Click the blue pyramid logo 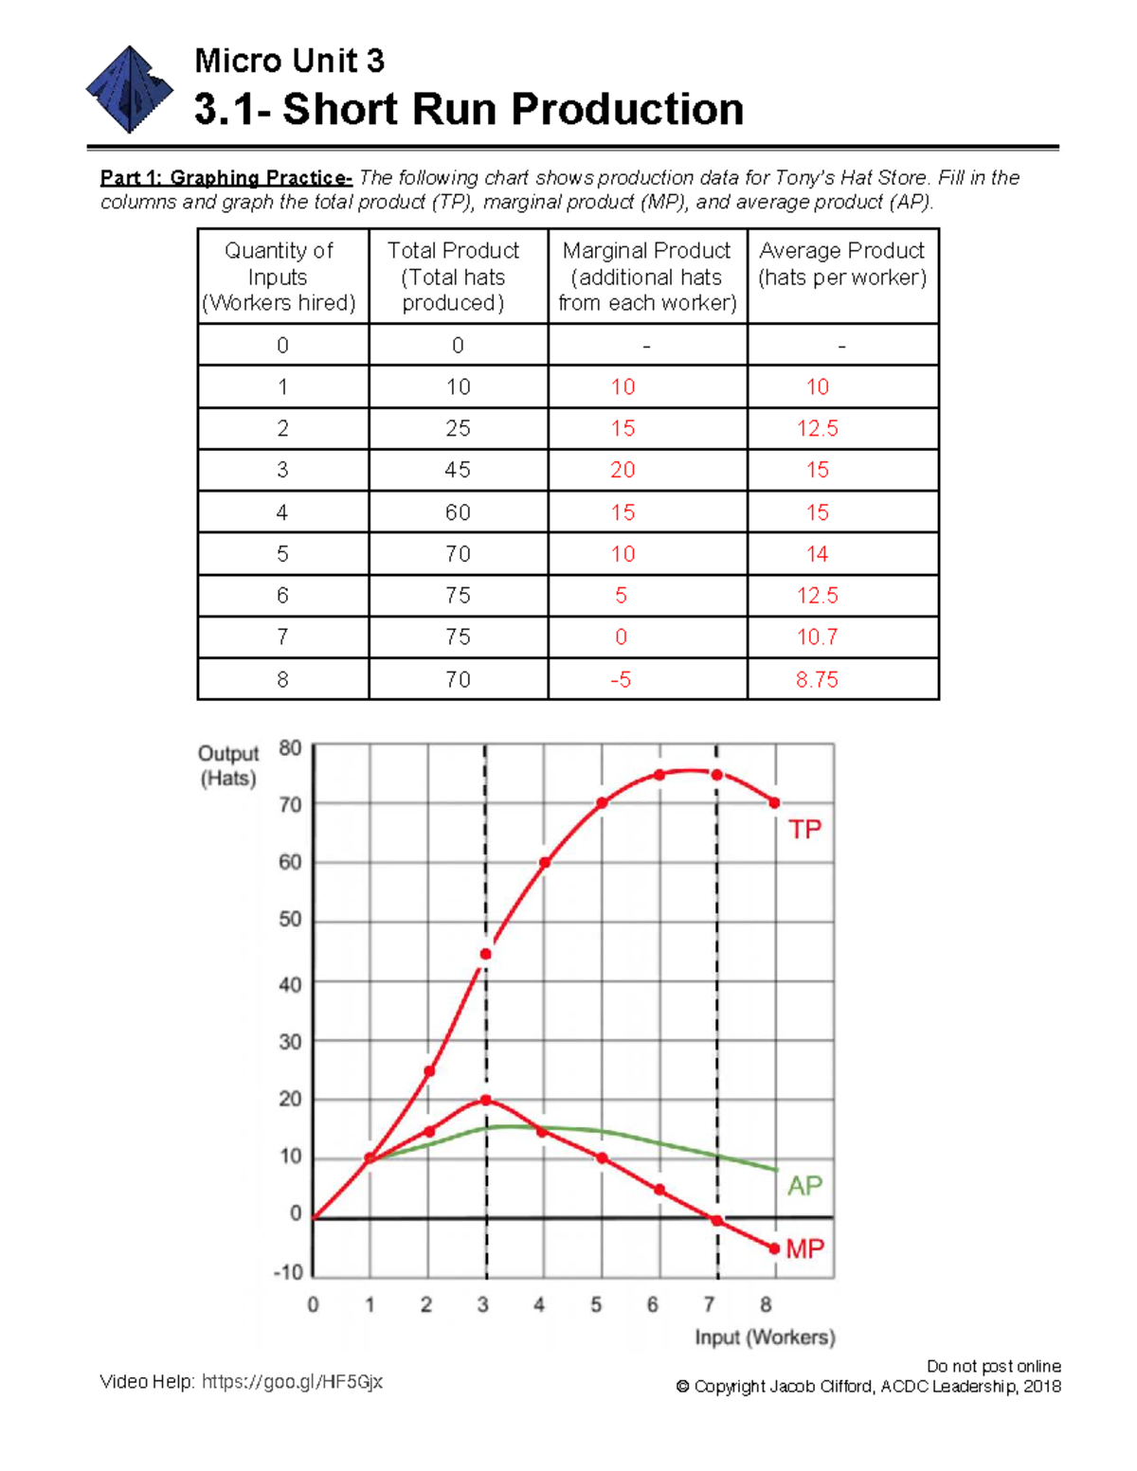pyautogui.click(x=130, y=90)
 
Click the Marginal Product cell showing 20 pyautogui.click(x=623, y=470)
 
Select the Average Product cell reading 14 pyautogui.click(x=817, y=554)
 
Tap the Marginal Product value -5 pyautogui.click(x=621, y=679)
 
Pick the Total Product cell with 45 pyautogui.click(x=458, y=470)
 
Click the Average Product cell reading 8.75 pyautogui.click(x=817, y=679)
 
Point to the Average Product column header pyautogui.click(x=841, y=264)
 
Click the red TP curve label pyautogui.click(x=804, y=830)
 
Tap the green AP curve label pyautogui.click(x=804, y=1186)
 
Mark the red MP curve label pyautogui.click(x=804, y=1249)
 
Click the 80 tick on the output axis pyautogui.click(x=290, y=748)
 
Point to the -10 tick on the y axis pyautogui.click(x=287, y=1272)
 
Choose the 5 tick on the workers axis pyautogui.click(x=596, y=1305)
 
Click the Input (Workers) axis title pyautogui.click(x=765, y=1337)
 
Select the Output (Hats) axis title pyautogui.click(x=227, y=765)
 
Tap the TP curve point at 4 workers pyautogui.click(x=545, y=863)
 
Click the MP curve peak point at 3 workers pyautogui.click(x=486, y=1101)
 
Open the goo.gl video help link pyautogui.click(x=292, y=1382)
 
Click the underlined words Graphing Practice pyautogui.click(x=260, y=178)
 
